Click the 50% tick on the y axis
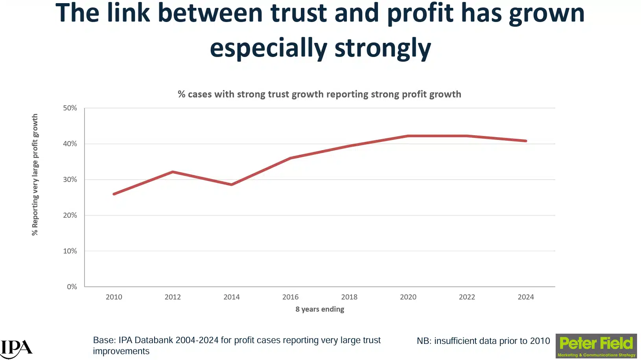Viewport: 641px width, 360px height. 70,108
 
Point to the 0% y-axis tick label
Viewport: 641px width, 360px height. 72,287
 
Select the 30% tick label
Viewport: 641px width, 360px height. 70,180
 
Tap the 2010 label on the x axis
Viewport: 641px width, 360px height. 114,297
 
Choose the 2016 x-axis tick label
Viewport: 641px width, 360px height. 290,297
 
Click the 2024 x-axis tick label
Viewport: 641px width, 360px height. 526,297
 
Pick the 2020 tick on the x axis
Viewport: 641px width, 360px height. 408,297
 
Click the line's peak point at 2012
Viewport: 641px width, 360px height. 173,172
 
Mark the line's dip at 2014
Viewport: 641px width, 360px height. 232,184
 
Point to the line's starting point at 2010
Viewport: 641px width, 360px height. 114,194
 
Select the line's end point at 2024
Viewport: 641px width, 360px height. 526,141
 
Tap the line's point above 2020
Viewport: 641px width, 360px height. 408,136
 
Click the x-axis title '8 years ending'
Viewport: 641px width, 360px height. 320,309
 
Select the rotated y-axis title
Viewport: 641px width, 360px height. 35,175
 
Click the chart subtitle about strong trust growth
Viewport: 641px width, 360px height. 319,94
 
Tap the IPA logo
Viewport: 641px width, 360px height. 16,348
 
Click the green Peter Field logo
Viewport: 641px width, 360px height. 596,346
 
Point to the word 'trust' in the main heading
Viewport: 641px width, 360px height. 299,13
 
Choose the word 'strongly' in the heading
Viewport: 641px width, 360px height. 383,48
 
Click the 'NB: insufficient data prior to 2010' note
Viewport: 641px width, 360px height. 483,341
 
